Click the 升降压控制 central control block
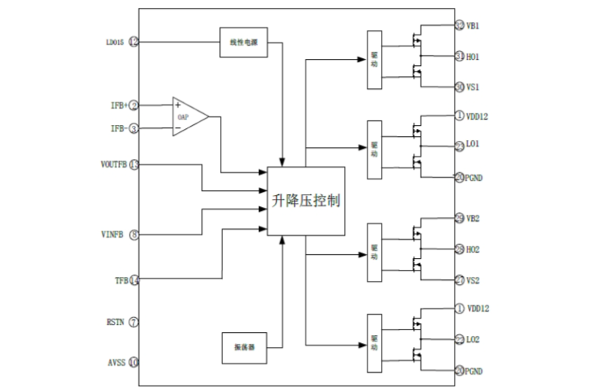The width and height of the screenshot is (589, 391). click(305, 201)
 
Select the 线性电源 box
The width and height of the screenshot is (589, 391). click(243, 42)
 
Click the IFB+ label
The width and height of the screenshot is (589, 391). click(118, 105)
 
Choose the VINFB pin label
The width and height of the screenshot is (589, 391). click(115, 234)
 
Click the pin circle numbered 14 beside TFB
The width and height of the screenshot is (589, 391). click(134, 279)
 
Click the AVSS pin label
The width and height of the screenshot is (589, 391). click(115, 362)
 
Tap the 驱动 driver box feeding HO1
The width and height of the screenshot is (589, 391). click(374, 59)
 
